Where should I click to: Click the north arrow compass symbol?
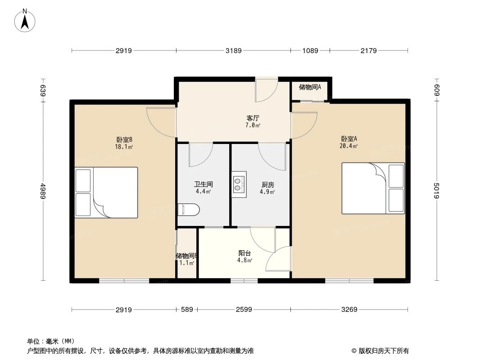click(x=25, y=20)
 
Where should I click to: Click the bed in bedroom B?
click(x=106, y=192)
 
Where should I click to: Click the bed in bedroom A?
click(x=373, y=188)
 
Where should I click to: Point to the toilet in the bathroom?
click(x=188, y=210)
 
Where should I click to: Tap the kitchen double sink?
click(x=238, y=184)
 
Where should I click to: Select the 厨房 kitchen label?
click(x=267, y=184)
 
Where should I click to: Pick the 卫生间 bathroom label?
click(x=203, y=184)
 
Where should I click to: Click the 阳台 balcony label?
click(x=245, y=253)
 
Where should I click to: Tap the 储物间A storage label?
click(x=310, y=87)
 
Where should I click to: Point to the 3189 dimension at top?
click(x=233, y=51)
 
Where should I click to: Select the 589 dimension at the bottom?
click(x=187, y=310)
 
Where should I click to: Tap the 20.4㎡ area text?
click(x=349, y=146)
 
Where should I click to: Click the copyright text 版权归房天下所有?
click(x=382, y=351)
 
